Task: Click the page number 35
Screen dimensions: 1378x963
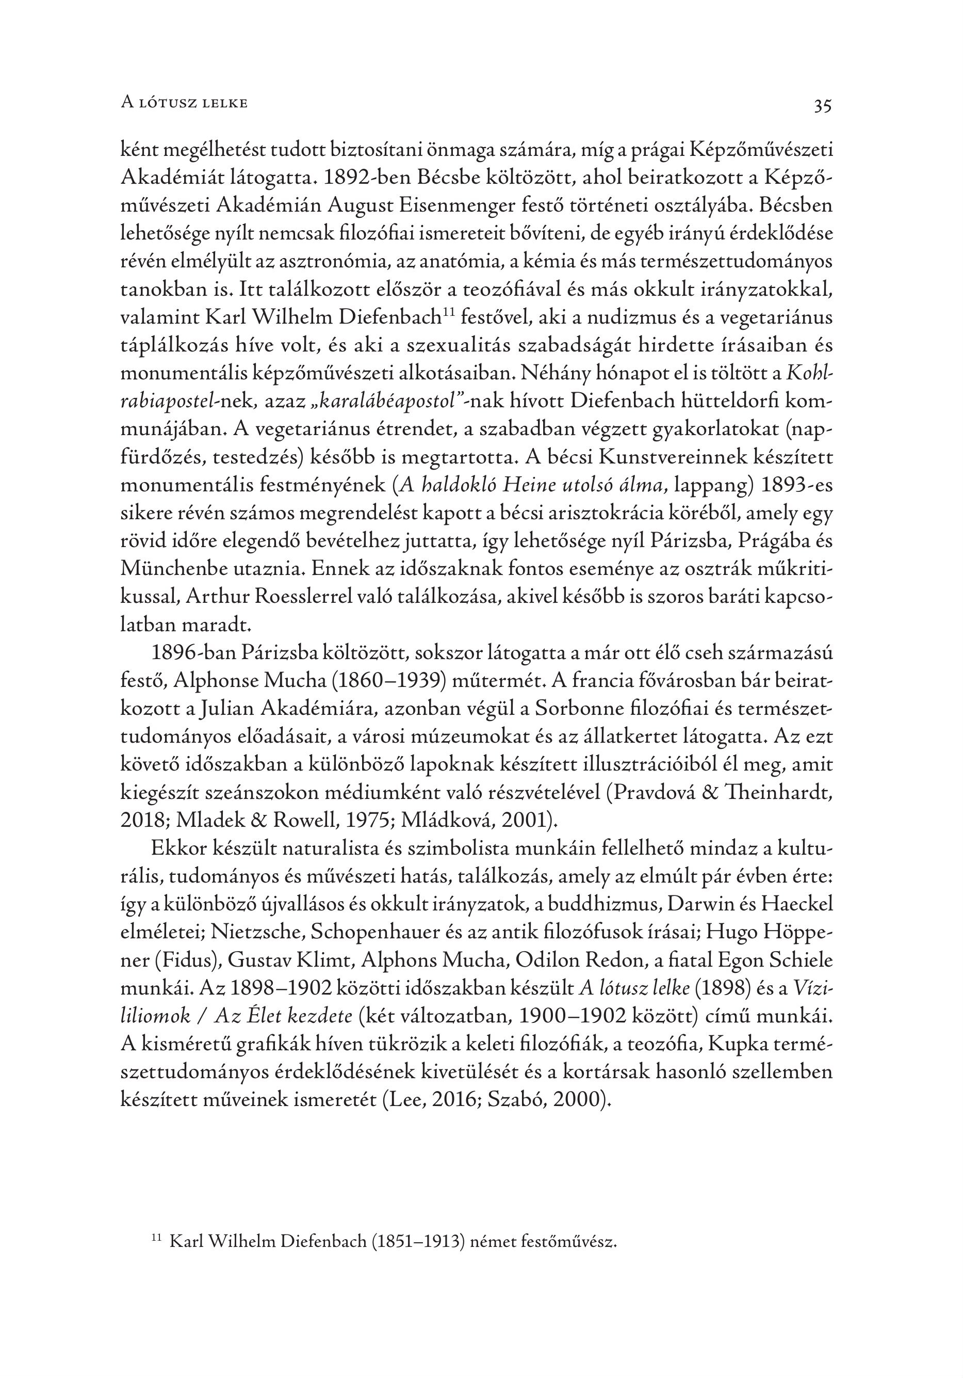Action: pyautogui.click(x=822, y=106)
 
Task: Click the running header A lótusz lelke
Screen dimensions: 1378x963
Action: pyautogui.click(x=184, y=103)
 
